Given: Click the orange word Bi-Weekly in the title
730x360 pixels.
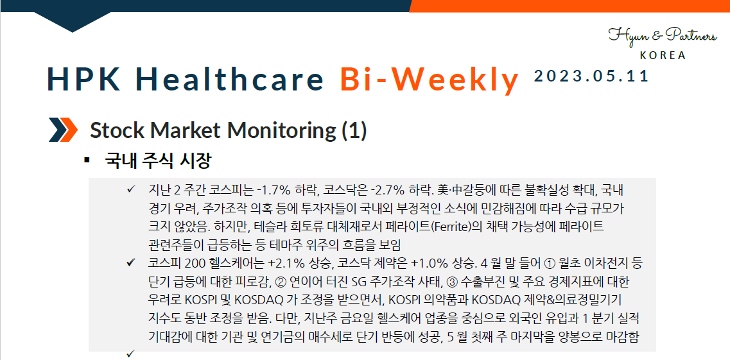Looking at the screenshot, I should pyautogui.click(x=429, y=80).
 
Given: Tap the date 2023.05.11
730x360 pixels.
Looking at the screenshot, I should pyautogui.click(x=591, y=76).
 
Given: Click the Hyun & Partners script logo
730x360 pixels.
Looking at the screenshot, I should pyautogui.click(x=662, y=35).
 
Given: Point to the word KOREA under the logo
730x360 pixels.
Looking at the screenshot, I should pyautogui.click(x=663, y=55).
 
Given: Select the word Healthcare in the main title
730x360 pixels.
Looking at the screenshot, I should pyautogui.click(x=230, y=80).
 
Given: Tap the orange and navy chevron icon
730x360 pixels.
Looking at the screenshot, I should pyautogui.click(x=63, y=130).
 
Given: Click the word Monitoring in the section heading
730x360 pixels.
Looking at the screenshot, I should pyautogui.click(x=281, y=130).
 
